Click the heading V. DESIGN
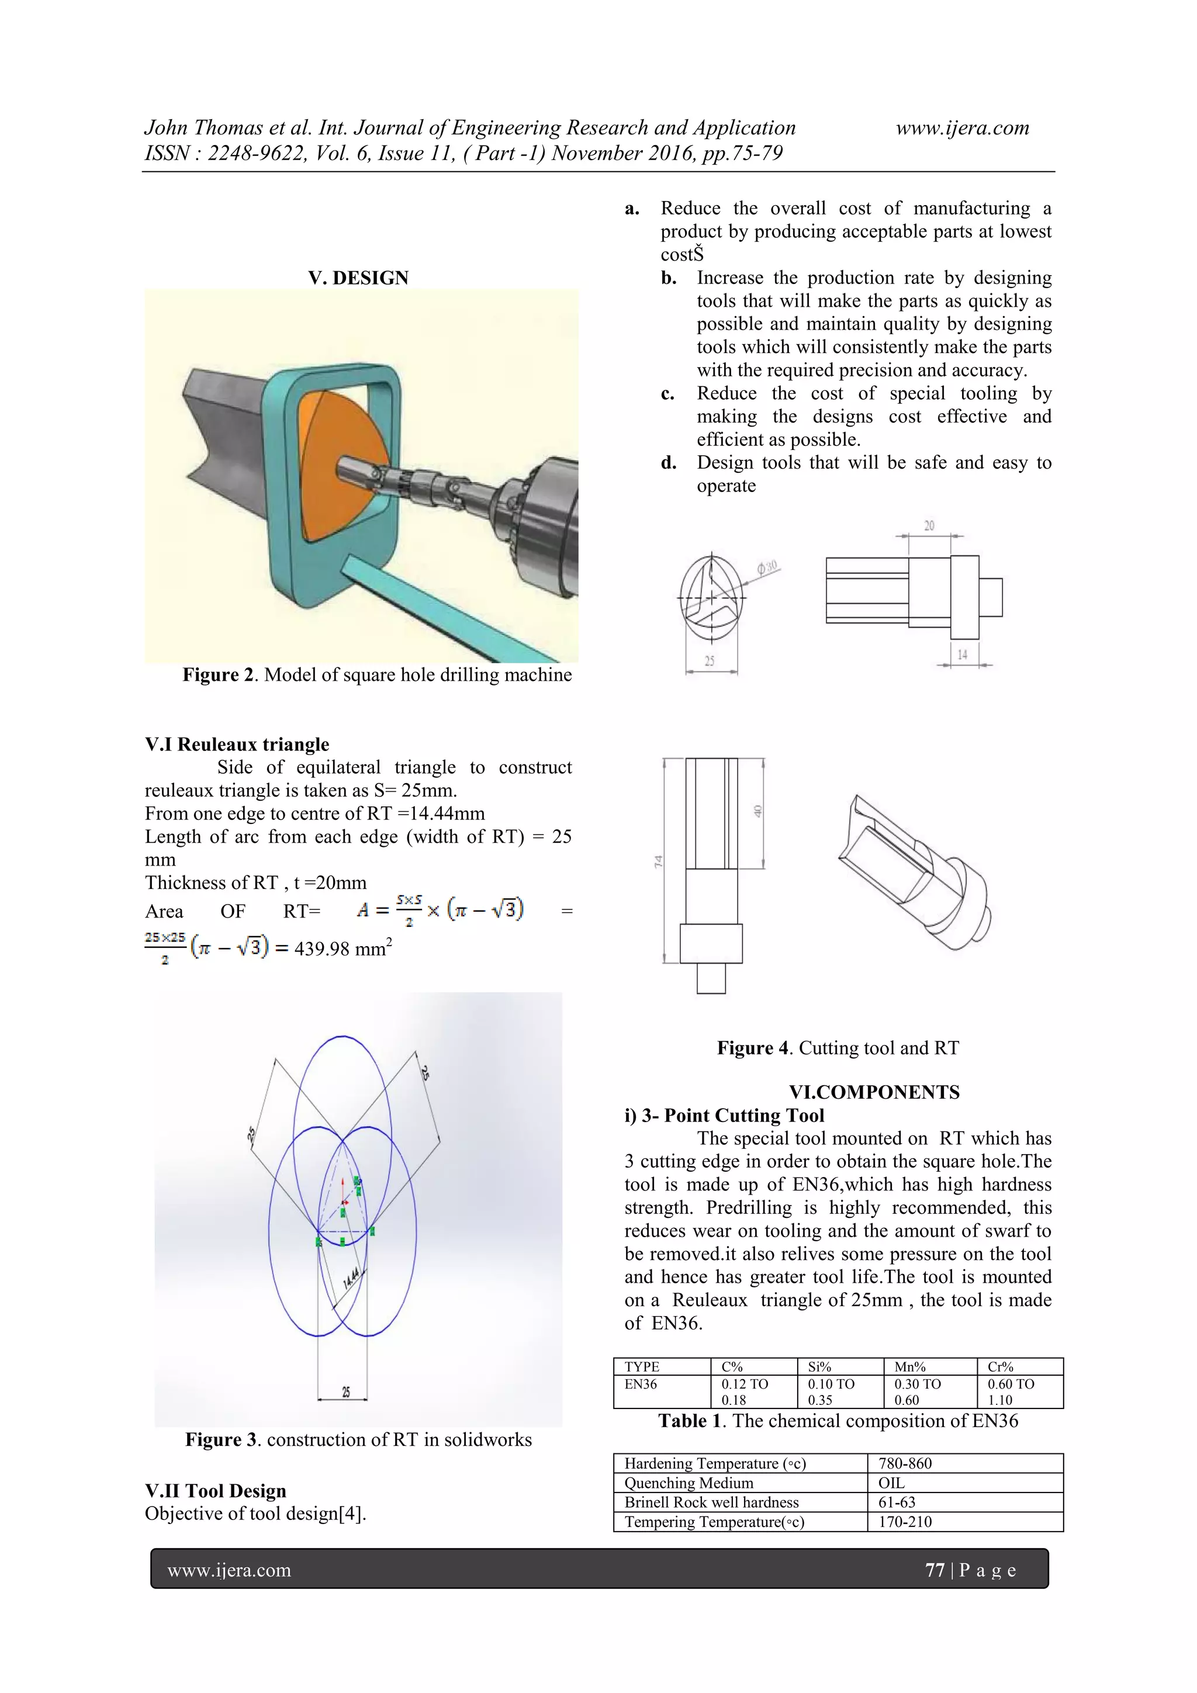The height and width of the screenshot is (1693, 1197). tap(358, 278)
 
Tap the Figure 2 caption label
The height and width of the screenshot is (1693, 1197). tap(220, 675)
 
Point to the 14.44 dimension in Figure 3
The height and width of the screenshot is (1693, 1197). tap(352, 1277)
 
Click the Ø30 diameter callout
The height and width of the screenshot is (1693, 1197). tap(767, 568)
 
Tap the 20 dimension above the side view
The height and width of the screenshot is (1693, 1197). tap(929, 526)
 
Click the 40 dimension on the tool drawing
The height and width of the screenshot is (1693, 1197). tap(757, 811)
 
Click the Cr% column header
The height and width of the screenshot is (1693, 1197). tap(1000, 1366)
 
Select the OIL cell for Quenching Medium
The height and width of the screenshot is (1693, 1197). tap(891, 1483)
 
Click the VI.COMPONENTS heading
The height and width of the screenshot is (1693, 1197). tap(874, 1092)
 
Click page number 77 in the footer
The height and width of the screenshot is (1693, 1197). tap(935, 1571)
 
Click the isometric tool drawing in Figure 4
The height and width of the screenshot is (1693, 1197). tap(915, 874)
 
